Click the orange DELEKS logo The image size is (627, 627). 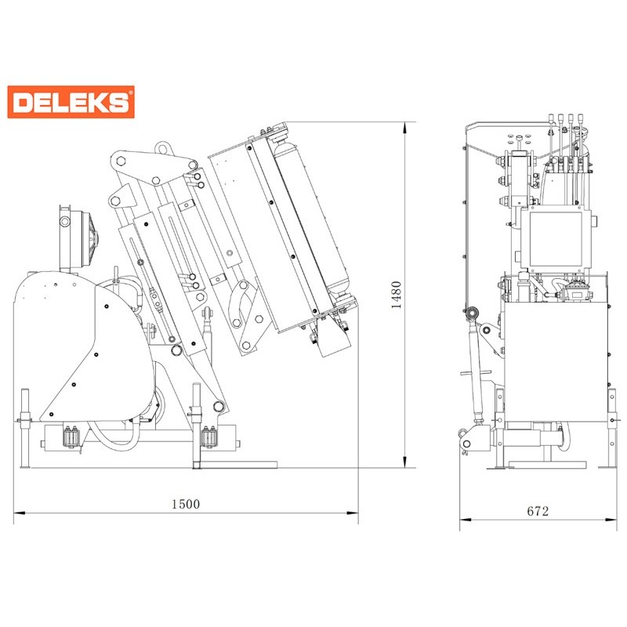[71, 102]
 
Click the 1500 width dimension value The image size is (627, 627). [186, 504]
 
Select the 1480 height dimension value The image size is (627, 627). [396, 295]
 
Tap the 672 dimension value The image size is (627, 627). [538, 511]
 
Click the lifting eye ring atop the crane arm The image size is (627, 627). [162, 148]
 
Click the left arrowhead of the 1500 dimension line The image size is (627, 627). [19, 513]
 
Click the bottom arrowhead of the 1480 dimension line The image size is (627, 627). [405, 462]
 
